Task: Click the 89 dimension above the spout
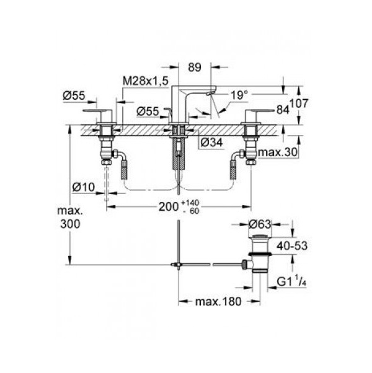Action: tap(195, 68)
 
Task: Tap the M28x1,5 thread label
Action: tap(146, 81)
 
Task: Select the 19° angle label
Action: tap(239, 95)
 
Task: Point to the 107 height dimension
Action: tap(299, 103)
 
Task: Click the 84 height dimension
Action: tap(283, 110)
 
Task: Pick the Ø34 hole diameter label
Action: tap(211, 143)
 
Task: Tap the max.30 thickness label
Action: tap(278, 152)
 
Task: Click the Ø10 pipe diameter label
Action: tap(83, 187)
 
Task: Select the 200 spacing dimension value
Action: tap(169, 207)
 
